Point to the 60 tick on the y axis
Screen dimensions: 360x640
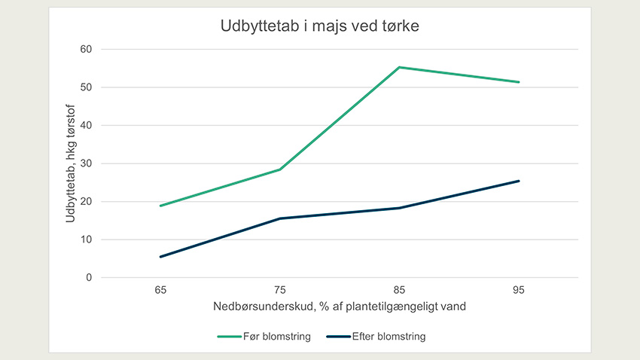[x=86, y=49]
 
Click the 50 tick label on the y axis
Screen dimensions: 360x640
[x=86, y=87]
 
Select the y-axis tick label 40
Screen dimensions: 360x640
[x=86, y=125]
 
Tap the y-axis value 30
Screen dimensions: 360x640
[x=86, y=163]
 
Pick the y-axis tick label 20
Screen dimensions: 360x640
[x=86, y=201]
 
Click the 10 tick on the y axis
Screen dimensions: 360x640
[x=86, y=239]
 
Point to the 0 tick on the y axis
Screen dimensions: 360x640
[x=88, y=278]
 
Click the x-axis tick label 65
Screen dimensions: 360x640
[x=160, y=289]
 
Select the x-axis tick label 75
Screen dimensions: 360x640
[x=280, y=289]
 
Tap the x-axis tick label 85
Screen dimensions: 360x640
[x=400, y=289]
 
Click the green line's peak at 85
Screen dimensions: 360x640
[x=400, y=67]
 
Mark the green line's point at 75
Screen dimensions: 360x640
[x=280, y=169]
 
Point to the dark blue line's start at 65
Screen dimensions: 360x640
[x=160, y=257]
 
